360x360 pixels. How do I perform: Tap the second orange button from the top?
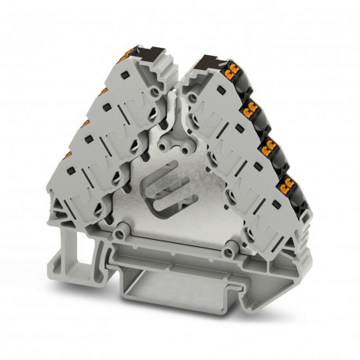tap(252, 108)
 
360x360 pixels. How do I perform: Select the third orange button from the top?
tap(272, 145)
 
